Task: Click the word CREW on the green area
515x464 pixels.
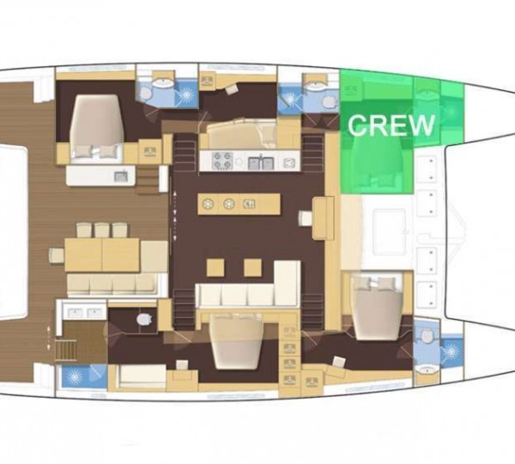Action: click(x=391, y=125)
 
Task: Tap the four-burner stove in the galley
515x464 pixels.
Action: click(x=222, y=161)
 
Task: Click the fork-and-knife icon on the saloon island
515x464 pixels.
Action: click(x=249, y=205)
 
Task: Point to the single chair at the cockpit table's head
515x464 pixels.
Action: click(x=57, y=255)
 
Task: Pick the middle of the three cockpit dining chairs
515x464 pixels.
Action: click(x=102, y=230)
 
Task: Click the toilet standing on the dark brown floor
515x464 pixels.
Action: click(x=143, y=319)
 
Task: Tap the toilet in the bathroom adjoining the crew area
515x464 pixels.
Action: click(x=330, y=102)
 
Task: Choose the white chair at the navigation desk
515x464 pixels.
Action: click(x=306, y=218)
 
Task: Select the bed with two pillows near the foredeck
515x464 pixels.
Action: click(x=377, y=307)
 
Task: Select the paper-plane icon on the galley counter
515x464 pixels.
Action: click(x=288, y=162)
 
